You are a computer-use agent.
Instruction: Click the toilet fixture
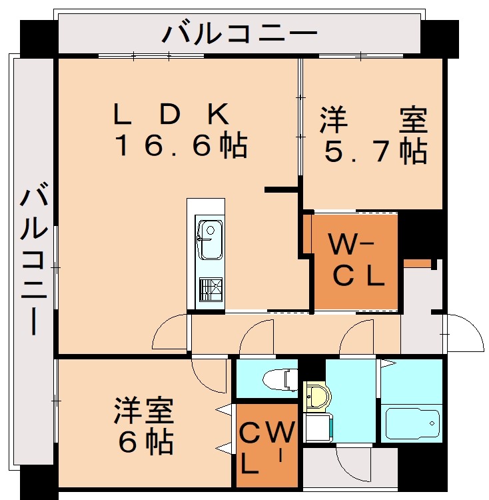click(x=280, y=379)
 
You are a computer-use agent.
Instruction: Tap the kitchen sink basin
click(x=210, y=239)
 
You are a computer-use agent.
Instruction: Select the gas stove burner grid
click(x=211, y=289)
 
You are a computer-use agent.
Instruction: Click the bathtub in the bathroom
click(x=412, y=423)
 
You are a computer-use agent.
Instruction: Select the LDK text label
click(x=171, y=114)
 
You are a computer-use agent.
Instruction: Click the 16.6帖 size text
click(x=181, y=145)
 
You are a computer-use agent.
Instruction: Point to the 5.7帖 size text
click(x=376, y=151)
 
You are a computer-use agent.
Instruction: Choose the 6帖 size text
click(x=146, y=443)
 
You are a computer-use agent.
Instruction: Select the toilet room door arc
click(x=252, y=330)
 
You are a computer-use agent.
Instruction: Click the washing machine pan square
click(x=318, y=427)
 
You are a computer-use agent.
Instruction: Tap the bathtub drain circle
click(x=432, y=423)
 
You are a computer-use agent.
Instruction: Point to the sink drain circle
click(x=211, y=230)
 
